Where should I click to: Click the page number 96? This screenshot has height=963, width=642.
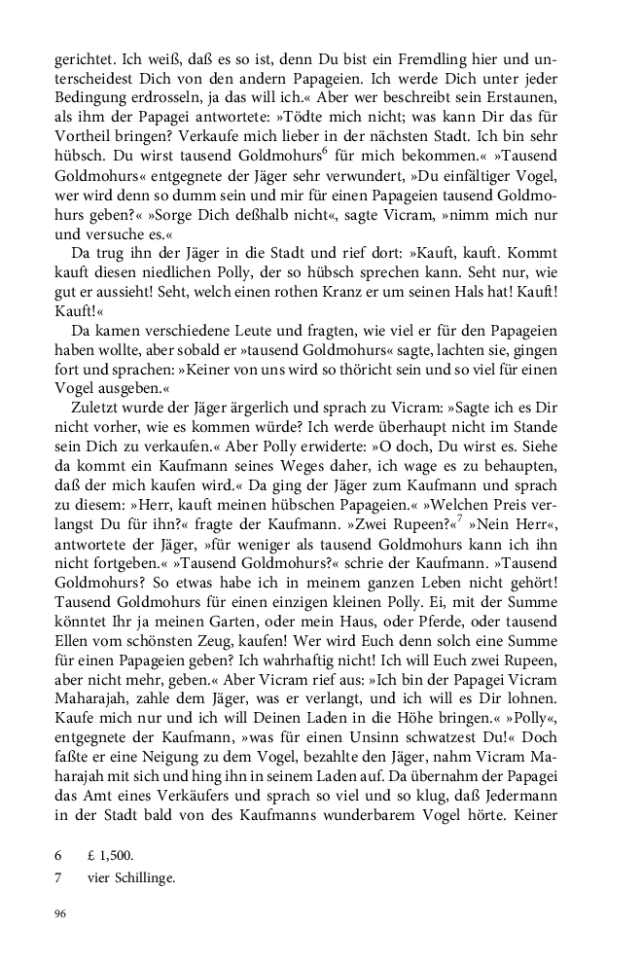61,914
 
